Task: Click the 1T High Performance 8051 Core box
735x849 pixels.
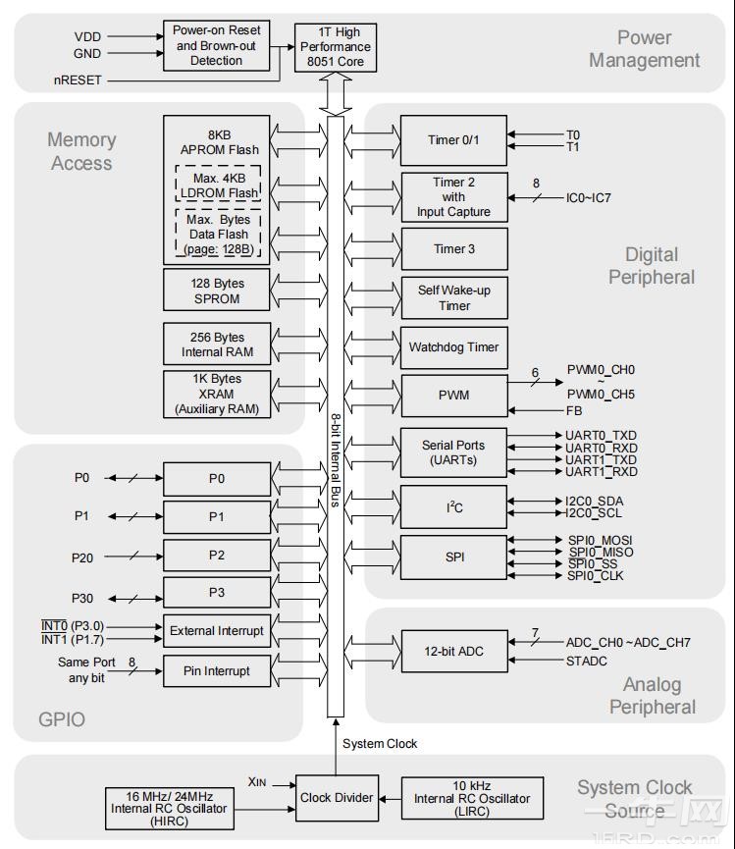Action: click(335, 46)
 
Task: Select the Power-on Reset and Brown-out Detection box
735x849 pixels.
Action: click(216, 45)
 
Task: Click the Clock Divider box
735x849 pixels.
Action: click(336, 798)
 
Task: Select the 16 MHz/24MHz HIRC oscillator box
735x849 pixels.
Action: click(169, 808)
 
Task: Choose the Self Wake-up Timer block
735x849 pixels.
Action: click(453, 297)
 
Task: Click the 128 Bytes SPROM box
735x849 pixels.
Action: click(217, 291)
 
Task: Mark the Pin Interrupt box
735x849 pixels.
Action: click(217, 671)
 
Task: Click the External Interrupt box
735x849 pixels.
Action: click(217, 631)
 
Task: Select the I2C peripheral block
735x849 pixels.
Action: click(453, 507)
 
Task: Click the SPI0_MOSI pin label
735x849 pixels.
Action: click(600, 540)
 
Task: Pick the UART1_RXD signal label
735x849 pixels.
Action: click(602, 472)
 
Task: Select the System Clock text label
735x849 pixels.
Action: click(380, 744)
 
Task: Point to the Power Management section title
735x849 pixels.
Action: click(644, 49)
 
